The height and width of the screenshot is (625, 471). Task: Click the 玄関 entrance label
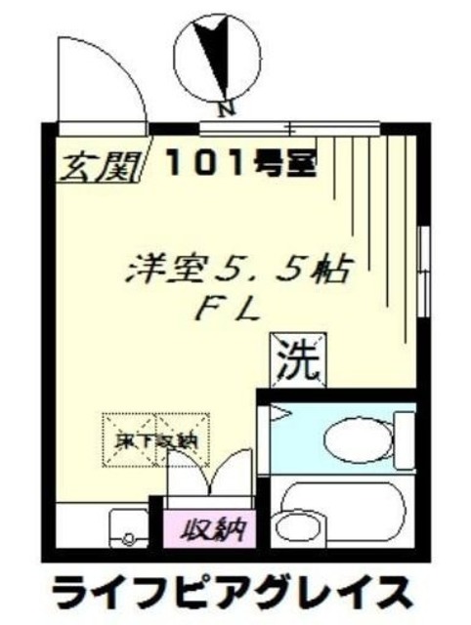point(95,165)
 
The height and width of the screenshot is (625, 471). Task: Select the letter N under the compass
point(225,109)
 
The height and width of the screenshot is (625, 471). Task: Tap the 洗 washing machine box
point(300,360)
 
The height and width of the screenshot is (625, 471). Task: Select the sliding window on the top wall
point(289,126)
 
